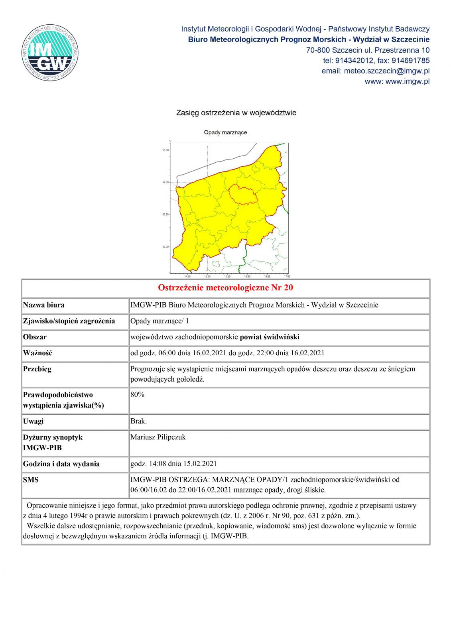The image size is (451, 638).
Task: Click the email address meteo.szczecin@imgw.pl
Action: tap(375, 71)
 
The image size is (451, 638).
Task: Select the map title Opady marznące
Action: tap(225, 132)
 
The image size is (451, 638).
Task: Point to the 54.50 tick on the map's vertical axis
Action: tap(165, 150)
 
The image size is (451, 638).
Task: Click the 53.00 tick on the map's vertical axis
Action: tap(165, 247)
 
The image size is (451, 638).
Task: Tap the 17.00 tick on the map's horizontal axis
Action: tap(287, 276)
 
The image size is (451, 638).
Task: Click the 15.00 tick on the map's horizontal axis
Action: tap(207, 276)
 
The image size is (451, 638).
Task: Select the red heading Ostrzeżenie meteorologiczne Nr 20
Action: tap(225, 288)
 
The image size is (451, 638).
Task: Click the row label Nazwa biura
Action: tap(44, 305)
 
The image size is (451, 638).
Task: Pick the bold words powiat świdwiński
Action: tap(270, 337)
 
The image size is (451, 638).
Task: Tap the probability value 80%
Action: tap(138, 395)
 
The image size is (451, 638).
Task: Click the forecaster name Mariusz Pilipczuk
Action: tap(158, 437)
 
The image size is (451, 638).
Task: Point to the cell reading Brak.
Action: tap(139, 421)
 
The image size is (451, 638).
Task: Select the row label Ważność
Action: tap(38, 353)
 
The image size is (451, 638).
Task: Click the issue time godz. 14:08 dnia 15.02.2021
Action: tap(173, 464)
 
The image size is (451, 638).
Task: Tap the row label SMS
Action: tap(31, 480)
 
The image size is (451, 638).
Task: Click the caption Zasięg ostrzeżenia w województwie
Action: tap(236, 113)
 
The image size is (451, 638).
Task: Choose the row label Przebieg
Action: tap(37, 369)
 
